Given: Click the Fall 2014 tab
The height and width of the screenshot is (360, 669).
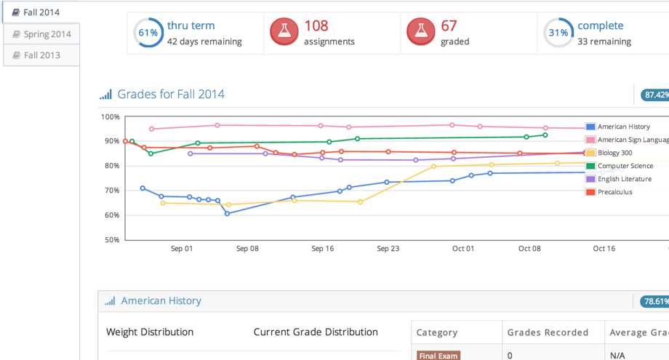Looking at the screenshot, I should click(41, 12).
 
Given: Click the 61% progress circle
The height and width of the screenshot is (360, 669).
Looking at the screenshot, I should click(148, 33).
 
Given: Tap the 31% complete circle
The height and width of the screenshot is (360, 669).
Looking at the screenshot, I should click(558, 33).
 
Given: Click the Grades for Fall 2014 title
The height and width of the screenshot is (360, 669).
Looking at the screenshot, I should click(170, 94).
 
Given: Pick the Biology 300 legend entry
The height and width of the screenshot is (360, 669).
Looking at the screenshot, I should click(614, 153).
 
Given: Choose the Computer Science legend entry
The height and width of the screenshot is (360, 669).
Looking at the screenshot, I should click(625, 166).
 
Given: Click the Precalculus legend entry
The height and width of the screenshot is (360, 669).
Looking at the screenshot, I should click(614, 192).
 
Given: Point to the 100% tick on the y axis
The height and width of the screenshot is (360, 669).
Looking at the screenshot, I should click(111, 117).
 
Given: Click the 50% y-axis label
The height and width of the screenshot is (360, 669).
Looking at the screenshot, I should click(111, 239).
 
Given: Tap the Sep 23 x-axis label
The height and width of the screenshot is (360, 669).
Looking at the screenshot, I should click(388, 249).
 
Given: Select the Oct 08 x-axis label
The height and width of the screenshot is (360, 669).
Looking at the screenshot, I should click(530, 249).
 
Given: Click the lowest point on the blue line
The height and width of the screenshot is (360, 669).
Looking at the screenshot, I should click(228, 214).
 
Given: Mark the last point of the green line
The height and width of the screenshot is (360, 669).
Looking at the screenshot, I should click(545, 135).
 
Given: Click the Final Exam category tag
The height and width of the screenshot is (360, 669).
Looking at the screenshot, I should click(438, 356).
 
